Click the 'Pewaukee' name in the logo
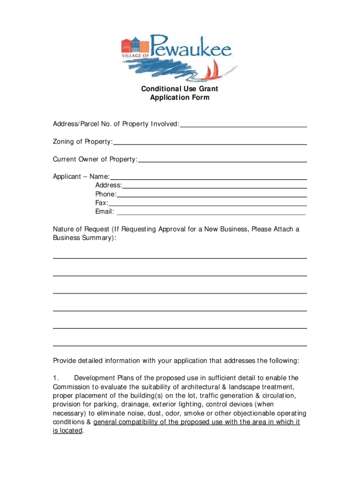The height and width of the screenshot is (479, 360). (x=192, y=46)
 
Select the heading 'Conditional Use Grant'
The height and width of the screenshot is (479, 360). (x=180, y=88)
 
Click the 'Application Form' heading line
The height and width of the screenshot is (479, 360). (x=180, y=98)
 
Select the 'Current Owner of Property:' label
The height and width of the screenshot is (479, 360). (x=95, y=160)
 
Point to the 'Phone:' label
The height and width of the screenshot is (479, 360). (x=106, y=194)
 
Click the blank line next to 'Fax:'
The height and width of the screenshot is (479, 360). (x=208, y=205)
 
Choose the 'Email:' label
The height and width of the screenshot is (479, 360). (x=105, y=212)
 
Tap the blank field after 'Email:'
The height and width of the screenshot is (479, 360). (x=211, y=213)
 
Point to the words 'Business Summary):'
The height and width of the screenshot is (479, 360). (x=84, y=238)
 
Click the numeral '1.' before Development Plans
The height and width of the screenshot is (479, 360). (x=55, y=378)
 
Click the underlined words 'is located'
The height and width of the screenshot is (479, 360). (x=67, y=431)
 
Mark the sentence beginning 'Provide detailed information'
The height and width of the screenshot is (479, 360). (x=176, y=361)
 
